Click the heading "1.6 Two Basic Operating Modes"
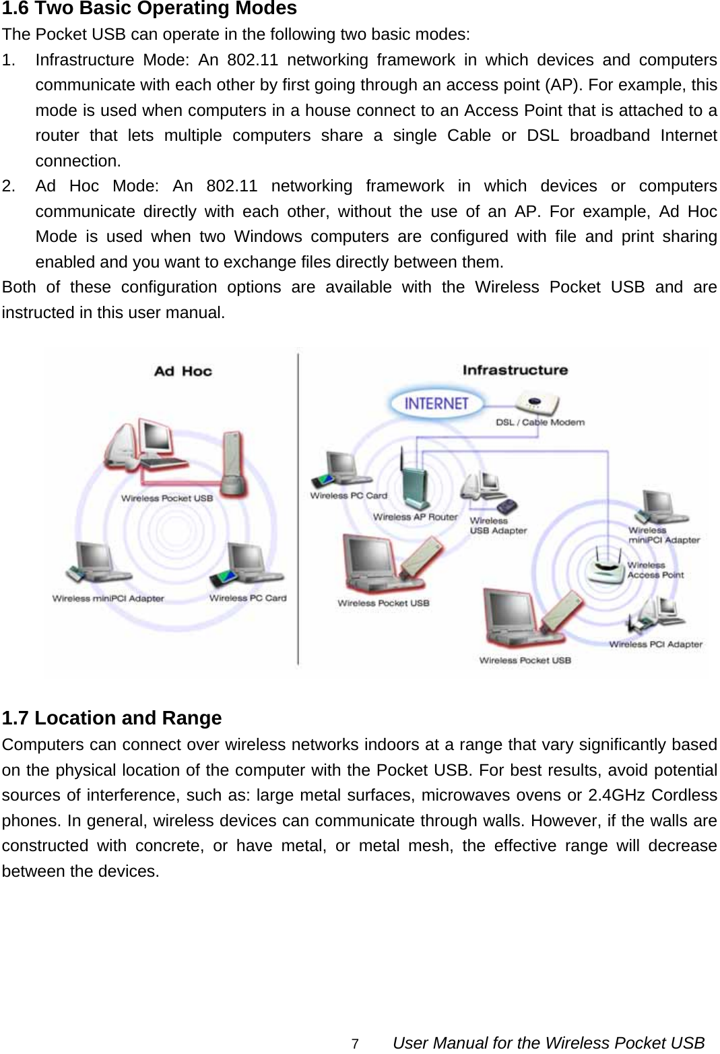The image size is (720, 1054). [x=149, y=9]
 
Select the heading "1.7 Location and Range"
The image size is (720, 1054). [x=112, y=718]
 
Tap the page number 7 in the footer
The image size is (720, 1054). [x=355, y=1044]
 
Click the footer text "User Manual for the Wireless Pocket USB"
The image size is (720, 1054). [x=548, y=1043]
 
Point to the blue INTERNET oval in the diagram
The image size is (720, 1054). [x=436, y=404]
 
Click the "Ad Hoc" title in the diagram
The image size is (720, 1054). [x=183, y=371]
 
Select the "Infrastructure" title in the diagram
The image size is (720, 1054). [x=515, y=370]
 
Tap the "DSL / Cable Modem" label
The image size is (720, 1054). [x=540, y=423]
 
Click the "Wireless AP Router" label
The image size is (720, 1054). [x=415, y=517]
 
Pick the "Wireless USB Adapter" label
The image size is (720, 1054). [x=498, y=526]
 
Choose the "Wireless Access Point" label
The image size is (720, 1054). [x=655, y=570]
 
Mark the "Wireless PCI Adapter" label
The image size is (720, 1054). [x=655, y=644]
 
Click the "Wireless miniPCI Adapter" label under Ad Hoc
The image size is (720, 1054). [x=108, y=598]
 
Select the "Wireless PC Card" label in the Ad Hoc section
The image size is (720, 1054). [x=247, y=598]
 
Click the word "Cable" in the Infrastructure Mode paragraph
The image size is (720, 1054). [x=469, y=135]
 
